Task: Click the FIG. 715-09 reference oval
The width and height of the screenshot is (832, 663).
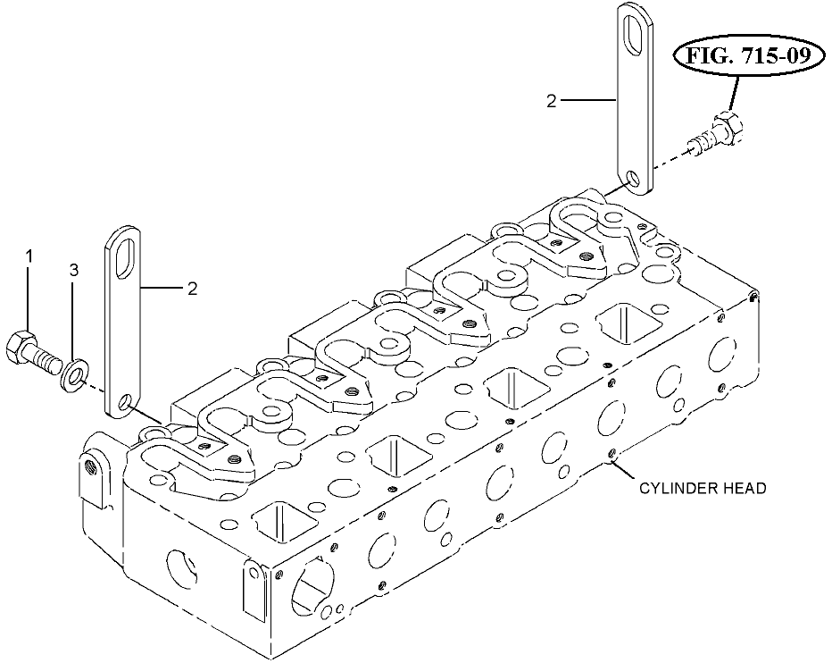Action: point(749,55)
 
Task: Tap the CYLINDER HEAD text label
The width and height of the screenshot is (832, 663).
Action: point(703,488)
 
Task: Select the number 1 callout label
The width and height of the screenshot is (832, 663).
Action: point(29,257)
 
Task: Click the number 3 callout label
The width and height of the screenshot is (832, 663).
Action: point(74,271)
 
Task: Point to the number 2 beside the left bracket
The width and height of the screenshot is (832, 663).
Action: point(192,289)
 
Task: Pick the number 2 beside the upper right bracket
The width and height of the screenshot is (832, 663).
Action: point(552,101)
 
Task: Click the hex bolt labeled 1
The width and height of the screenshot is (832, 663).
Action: point(33,353)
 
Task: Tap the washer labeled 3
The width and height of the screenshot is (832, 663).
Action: point(74,375)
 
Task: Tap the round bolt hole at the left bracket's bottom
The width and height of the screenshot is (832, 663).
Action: point(125,403)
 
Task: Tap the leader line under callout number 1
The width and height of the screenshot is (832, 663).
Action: point(29,298)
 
